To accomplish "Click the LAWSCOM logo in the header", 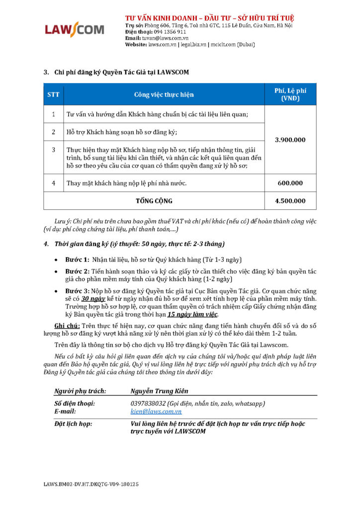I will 75,29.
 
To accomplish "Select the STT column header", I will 53,94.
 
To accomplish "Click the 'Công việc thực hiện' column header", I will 164,94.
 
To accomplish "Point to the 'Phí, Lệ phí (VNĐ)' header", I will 290,94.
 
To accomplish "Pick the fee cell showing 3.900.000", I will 290,140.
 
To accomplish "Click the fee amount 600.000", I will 290,183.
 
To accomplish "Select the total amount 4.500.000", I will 290,201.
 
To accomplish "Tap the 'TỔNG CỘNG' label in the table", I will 154,201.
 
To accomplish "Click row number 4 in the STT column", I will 53,183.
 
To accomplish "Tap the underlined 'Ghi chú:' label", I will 67,325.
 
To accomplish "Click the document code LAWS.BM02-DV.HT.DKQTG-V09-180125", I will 91,484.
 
